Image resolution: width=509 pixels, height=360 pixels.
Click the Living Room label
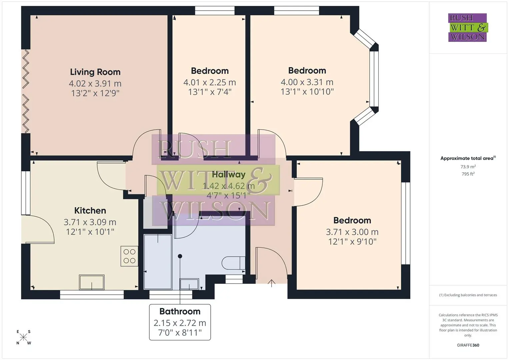95,72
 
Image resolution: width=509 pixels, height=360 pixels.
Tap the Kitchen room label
90,211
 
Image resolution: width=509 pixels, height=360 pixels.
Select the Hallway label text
229,175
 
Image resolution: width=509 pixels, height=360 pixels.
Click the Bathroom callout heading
180,311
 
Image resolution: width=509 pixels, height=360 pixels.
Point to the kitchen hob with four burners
129,256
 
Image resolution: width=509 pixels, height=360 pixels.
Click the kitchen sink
92,282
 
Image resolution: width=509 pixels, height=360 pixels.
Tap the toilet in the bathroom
233,263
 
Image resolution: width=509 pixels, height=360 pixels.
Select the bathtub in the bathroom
158,262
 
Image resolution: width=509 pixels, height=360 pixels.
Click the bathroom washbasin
189,284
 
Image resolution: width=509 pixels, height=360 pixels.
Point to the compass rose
23,337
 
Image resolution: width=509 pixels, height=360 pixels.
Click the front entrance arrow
272,283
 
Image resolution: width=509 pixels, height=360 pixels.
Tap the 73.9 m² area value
468,167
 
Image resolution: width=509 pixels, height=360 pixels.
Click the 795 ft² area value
468,174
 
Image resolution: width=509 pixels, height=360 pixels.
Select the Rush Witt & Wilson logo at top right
468,27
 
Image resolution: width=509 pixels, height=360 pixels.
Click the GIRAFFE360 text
468,345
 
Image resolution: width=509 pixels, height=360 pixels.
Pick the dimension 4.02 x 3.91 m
95,83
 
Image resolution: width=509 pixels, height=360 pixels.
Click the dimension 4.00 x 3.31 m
307,82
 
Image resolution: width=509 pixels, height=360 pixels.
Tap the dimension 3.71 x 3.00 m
352,232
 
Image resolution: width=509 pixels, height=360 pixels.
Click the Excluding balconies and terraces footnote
468,295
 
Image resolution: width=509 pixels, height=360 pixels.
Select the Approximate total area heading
468,158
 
